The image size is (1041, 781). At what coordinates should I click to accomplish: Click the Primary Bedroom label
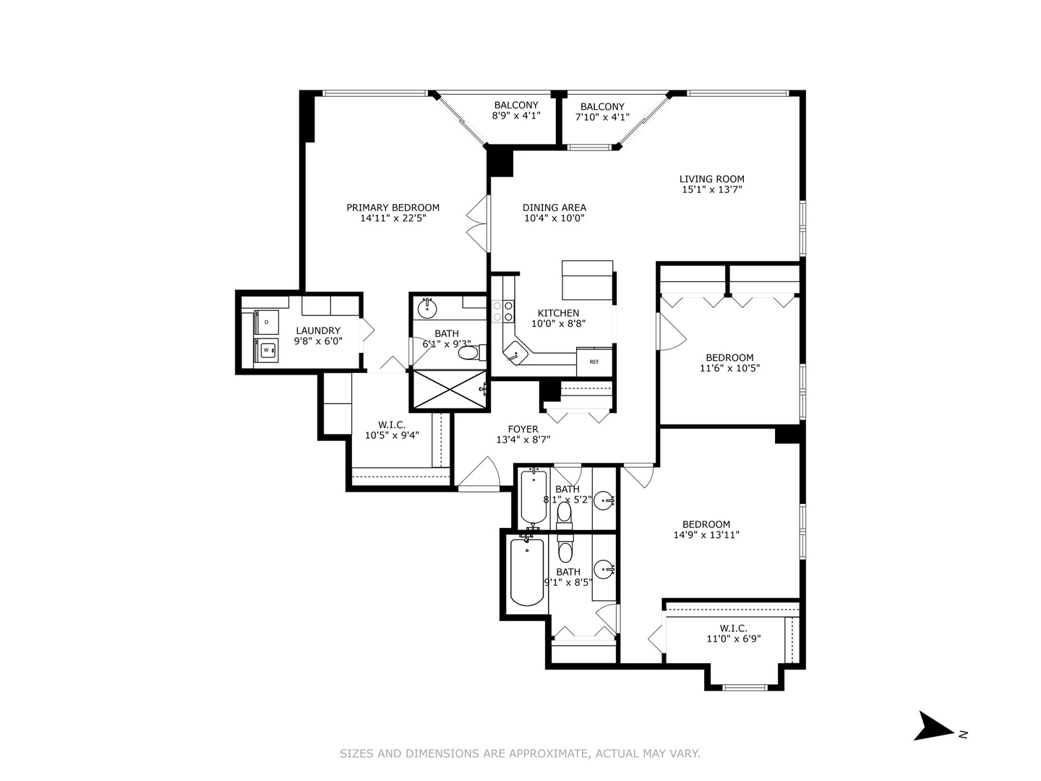(x=393, y=208)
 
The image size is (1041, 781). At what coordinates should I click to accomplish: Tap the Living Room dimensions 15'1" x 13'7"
(x=711, y=190)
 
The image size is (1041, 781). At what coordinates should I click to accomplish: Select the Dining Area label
(x=554, y=208)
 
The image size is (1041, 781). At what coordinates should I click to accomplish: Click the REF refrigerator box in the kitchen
(x=594, y=362)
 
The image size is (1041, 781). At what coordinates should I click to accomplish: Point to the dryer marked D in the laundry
(x=267, y=322)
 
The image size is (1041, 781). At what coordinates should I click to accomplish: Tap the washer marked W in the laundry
(x=267, y=350)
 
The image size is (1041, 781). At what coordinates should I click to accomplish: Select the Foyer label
(x=523, y=429)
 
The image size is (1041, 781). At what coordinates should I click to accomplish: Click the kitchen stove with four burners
(x=502, y=311)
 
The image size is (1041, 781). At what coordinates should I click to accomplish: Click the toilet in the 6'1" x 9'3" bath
(x=469, y=354)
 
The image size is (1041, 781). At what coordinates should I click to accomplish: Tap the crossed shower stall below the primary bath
(x=449, y=390)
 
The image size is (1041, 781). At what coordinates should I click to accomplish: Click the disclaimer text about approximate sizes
(x=520, y=754)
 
